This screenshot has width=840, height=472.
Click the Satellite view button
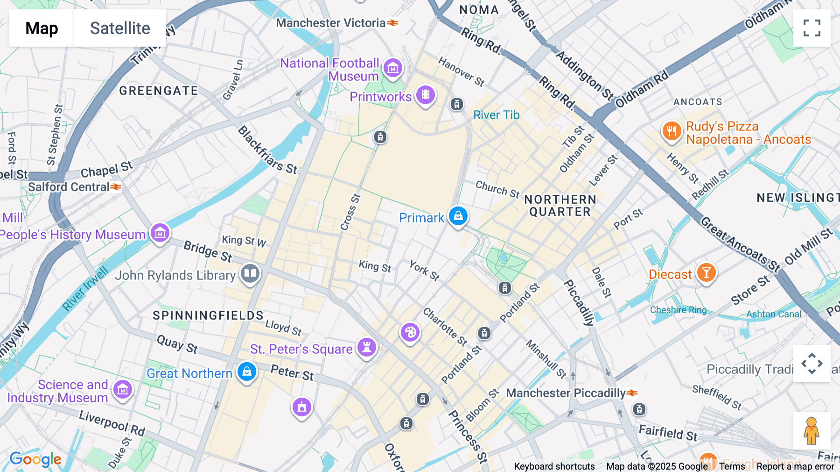pyautogui.click(x=120, y=28)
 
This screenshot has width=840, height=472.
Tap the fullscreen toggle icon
pyautogui.click(x=812, y=28)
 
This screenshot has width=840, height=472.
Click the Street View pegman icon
pyautogui.click(x=812, y=431)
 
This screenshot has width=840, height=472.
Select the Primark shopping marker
pyautogui.click(x=458, y=216)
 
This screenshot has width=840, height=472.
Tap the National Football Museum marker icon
pyautogui.click(x=392, y=68)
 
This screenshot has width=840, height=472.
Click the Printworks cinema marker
pyautogui.click(x=425, y=95)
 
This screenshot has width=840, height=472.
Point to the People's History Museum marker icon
pyautogui.click(x=160, y=232)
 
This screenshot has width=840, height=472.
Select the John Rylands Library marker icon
pyautogui.click(x=250, y=273)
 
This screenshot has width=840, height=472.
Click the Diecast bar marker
pyautogui.click(x=706, y=272)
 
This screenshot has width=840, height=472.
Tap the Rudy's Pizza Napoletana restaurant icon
pyautogui.click(x=672, y=131)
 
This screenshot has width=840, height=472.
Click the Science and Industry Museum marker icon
pyautogui.click(x=123, y=389)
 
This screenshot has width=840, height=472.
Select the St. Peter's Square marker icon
pyautogui.click(x=367, y=348)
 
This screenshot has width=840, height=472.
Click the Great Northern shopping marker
pyautogui.click(x=246, y=372)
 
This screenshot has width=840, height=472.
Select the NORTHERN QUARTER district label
pyautogui.click(x=560, y=206)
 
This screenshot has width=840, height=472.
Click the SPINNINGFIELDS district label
pyautogui.click(x=208, y=315)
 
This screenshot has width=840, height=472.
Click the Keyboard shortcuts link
pyautogui.click(x=554, y=466)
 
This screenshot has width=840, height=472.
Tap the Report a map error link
pyautogui.click(x=795, y=466)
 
